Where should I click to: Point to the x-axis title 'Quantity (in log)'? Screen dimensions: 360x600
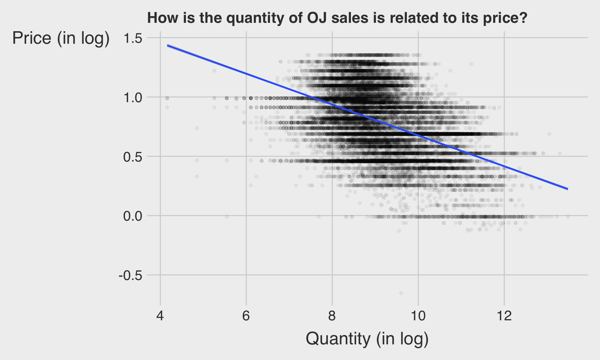coord(367,339)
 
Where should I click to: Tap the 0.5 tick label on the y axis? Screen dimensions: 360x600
coord(133,157)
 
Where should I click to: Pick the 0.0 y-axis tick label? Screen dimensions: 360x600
coord(133,216)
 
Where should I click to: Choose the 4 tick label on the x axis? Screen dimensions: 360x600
coord(160,316)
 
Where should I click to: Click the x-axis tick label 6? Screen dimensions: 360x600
coord(246,316)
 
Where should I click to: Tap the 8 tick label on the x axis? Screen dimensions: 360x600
coord(332,316)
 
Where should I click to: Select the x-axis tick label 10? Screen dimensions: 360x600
coord(418,316)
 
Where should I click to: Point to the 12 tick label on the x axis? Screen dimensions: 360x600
coord(504,316)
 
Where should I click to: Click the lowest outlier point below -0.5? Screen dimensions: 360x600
coord(401,293)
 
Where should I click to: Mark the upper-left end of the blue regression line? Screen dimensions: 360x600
coord(167,46)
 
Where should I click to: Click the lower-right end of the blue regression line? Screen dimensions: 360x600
coord(567,189)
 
